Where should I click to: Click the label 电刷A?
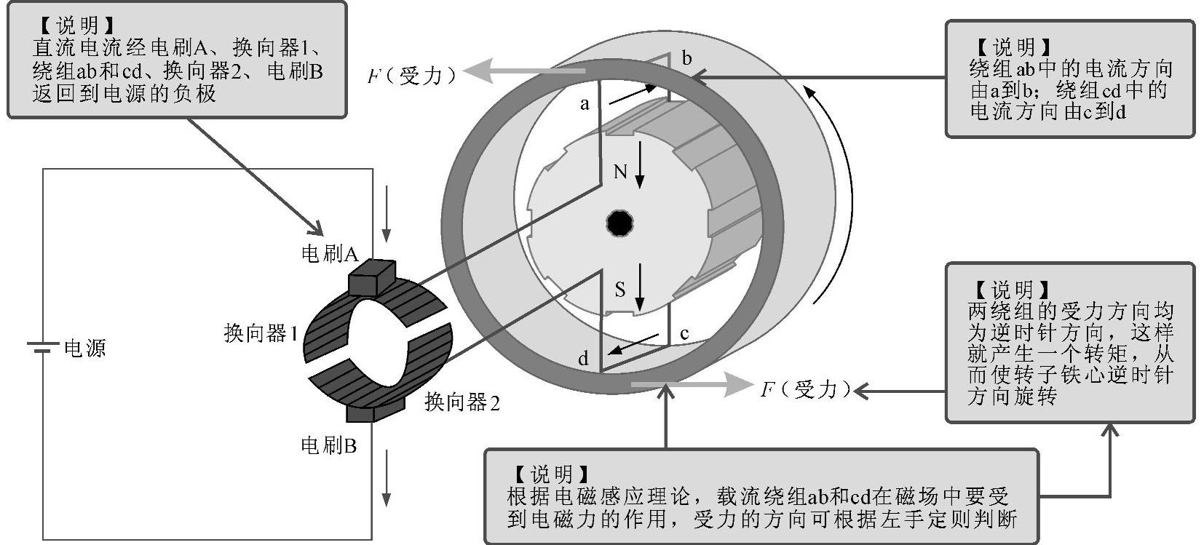coord(329,254)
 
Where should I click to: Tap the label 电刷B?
coord(328,445)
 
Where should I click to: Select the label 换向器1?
coord(261,334)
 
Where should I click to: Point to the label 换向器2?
coord(462,402)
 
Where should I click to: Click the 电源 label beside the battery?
coord(85,349)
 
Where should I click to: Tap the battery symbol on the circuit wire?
coord(42,348)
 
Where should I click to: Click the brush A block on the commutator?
coord(371,277)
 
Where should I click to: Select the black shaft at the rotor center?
coord(619,223)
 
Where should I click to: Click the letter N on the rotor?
coord(620,172)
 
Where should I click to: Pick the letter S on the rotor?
coord(620,290)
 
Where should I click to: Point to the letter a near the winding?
coord(585,104)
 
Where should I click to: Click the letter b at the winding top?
coord(686,58)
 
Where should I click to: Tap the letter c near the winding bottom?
coord(684,334)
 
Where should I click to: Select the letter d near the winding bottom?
coord(583,358)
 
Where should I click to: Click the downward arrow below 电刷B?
coord(387,477)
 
